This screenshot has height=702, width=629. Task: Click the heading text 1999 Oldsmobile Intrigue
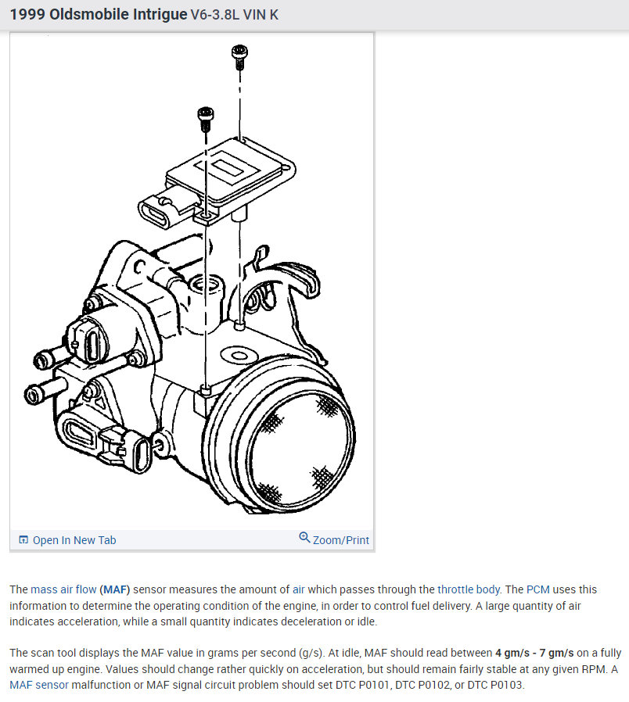point(99,15)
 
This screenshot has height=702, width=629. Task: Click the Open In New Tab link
point(74,540)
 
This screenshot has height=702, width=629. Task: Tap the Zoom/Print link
point(341,540)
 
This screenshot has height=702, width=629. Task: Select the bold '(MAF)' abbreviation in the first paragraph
point(115,589)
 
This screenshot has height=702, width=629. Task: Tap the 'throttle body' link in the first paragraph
point(469,589)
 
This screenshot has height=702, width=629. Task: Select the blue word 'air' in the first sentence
point(300,589)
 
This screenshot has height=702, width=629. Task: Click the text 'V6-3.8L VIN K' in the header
point(235,15)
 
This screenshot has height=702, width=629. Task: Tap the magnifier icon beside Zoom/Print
point(304,538)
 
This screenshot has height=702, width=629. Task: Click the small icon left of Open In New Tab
point(23,540)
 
